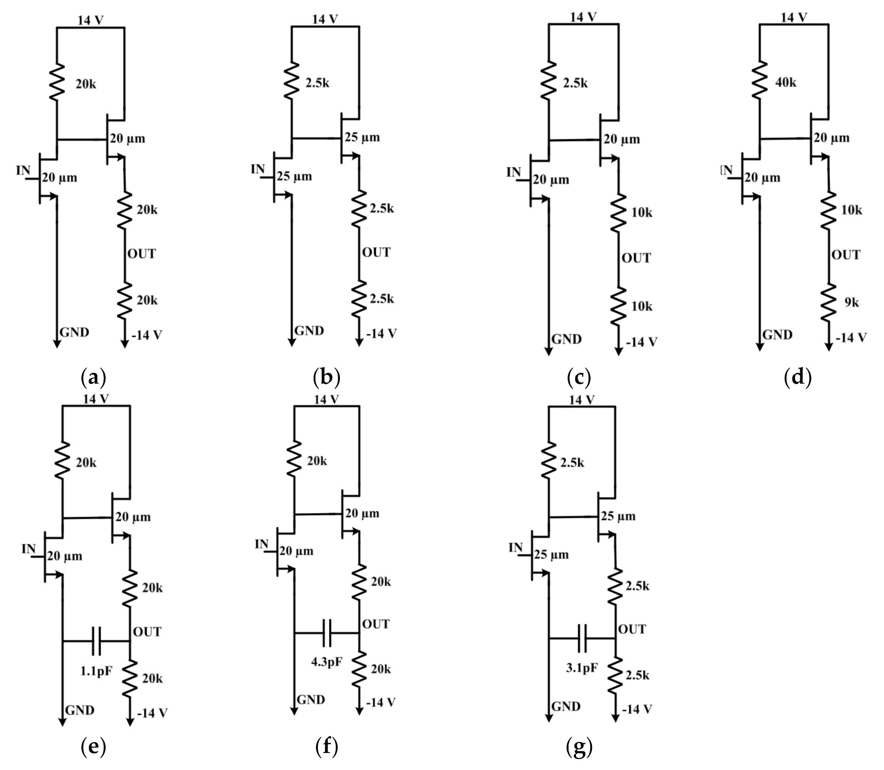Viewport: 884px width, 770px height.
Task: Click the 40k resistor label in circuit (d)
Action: (x=786, y=83)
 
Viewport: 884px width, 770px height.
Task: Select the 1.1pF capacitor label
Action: (x=96, y=671)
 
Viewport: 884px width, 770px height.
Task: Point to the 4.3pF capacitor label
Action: (x=327, y=662)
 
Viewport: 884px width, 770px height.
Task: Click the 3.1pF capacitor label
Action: (x=582, y=667)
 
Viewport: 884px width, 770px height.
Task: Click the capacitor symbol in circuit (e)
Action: (x=96, y=640)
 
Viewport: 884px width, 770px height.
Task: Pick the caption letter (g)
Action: (x=579, y=747)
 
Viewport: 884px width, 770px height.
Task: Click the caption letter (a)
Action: (x=93, y=378)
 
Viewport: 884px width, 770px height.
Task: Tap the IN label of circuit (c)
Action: (x=513, y=173)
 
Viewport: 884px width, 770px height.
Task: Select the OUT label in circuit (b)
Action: (x=376, y=252)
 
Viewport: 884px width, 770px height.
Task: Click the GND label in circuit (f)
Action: (x=311, y=700)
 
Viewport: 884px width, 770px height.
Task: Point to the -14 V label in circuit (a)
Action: (x=147, y=335)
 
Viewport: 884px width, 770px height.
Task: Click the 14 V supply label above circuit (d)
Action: (x=794, y=17)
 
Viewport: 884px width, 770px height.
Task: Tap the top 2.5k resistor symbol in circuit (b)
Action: (x=291, y=81)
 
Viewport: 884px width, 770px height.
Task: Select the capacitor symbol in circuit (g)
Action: (x=582, y=638)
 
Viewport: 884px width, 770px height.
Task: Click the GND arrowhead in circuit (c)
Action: (x=548, y=351)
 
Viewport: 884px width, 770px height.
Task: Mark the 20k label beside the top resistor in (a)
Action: (x=86, y=85)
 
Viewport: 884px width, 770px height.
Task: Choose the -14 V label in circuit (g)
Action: (x=637, y=709)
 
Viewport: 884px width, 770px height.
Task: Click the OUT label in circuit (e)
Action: (x=147, y=631)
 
